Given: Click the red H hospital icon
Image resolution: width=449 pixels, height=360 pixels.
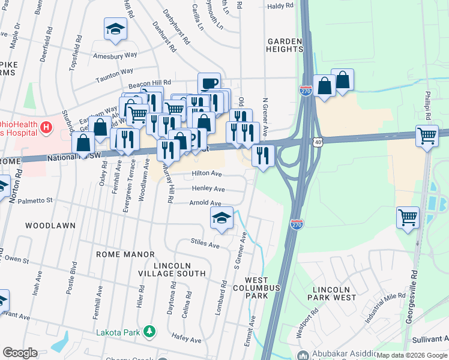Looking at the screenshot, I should (45, 128).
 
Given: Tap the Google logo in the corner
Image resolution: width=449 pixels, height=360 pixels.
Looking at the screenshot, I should (20, 353).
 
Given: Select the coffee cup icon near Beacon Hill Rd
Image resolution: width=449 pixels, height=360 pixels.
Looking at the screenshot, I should (209, 83).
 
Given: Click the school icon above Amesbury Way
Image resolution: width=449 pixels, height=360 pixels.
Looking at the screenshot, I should (115, 28).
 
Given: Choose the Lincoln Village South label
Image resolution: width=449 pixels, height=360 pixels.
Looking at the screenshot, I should (180, 269).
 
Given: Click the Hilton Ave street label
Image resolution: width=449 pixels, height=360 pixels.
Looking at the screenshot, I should (206, 174).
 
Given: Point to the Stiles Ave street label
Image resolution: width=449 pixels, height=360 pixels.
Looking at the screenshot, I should (205, 244).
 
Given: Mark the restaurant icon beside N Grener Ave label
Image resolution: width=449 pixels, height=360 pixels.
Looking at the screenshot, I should (263, 155).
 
